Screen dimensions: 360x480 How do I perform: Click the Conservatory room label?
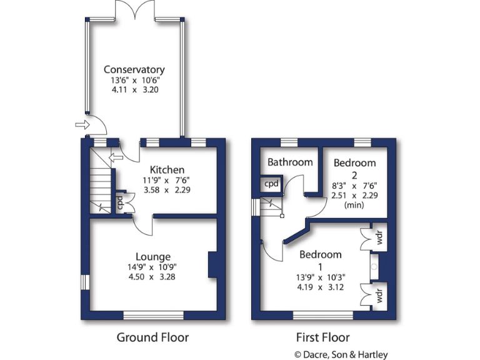[x=134, y=69]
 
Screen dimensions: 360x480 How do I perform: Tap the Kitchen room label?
[x=167, y=169]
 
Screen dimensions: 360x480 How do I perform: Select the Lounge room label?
[x=153, y=256]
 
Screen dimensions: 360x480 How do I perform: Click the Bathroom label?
[x=290, y=162]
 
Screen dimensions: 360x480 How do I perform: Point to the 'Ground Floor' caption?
[x=153, y=337]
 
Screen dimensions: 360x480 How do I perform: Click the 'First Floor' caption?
[x=322, y=337]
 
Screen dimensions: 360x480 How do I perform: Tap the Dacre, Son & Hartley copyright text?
[x=341, y=354]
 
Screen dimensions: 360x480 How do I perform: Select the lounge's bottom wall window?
[x=153, y=315]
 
